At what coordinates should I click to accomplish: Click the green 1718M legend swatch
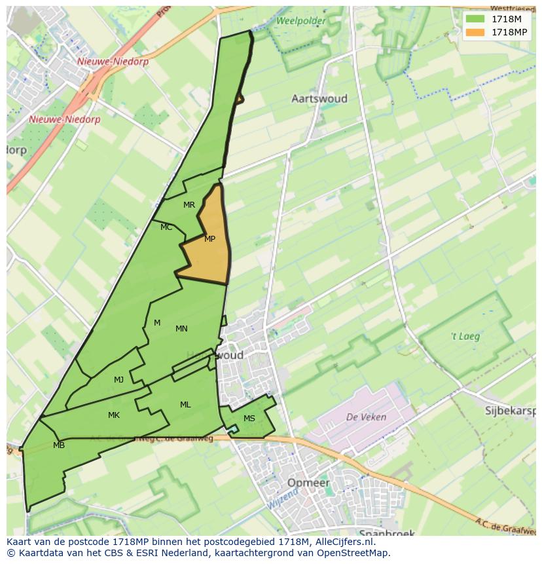click(x=476, y=19)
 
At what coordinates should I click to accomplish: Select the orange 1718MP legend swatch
click(x=476, y=32)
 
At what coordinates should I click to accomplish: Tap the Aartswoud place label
click(x=319, y=99)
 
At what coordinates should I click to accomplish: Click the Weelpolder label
click(x=300, y=21)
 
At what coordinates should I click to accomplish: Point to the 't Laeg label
click(x=465, y=337)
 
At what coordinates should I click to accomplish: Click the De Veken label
click(x=366, y=417)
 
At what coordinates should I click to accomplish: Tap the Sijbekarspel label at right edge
click(x=510, y=411)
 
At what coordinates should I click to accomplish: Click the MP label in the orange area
click(x=209, y=239)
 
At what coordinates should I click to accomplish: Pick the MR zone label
click(x=189, y=205)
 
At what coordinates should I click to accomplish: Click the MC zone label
click(x=166, y=227)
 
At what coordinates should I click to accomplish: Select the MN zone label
click(x=181, y=329)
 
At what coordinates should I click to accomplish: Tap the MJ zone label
click(x=118, y=380)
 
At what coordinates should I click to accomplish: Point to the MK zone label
click(x=114, y=415)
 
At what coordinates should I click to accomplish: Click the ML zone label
click(x=185, y=405)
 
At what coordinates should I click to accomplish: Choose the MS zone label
click(x=249, y=419)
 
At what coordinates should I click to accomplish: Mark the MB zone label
click(x=59, y=445)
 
